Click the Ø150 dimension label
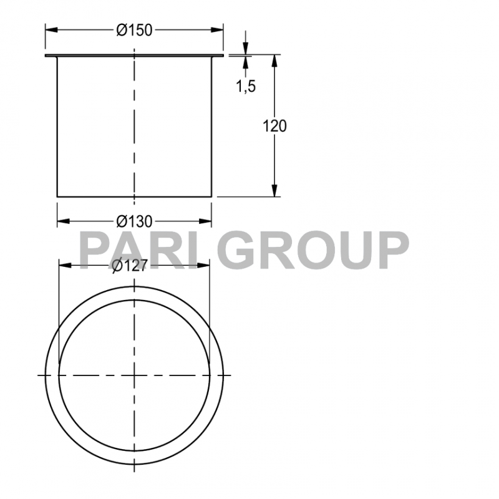[x=134, y=30]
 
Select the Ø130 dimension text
[x=134, y=221]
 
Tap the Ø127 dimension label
[x=129, y=266]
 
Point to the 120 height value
[x=274, y=126]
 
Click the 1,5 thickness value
[x=246, y=86]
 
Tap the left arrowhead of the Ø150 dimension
[x=50, y=29]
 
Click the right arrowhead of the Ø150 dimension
[x=218, y=29]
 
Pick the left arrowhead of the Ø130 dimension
[x=62, y=221]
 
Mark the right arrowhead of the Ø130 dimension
[x=207, y=221]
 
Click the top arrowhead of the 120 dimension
[x=274, y=60]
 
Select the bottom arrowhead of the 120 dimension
[x=274, y=192]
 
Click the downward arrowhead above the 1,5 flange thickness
[x=245, y=51]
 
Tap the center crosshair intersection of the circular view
[x=133, y=375]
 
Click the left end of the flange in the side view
[x=46, y=57]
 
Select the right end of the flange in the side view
[x=223, y=57]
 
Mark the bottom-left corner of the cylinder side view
[x=57, y=196]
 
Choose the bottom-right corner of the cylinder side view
[x=212, y=196]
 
